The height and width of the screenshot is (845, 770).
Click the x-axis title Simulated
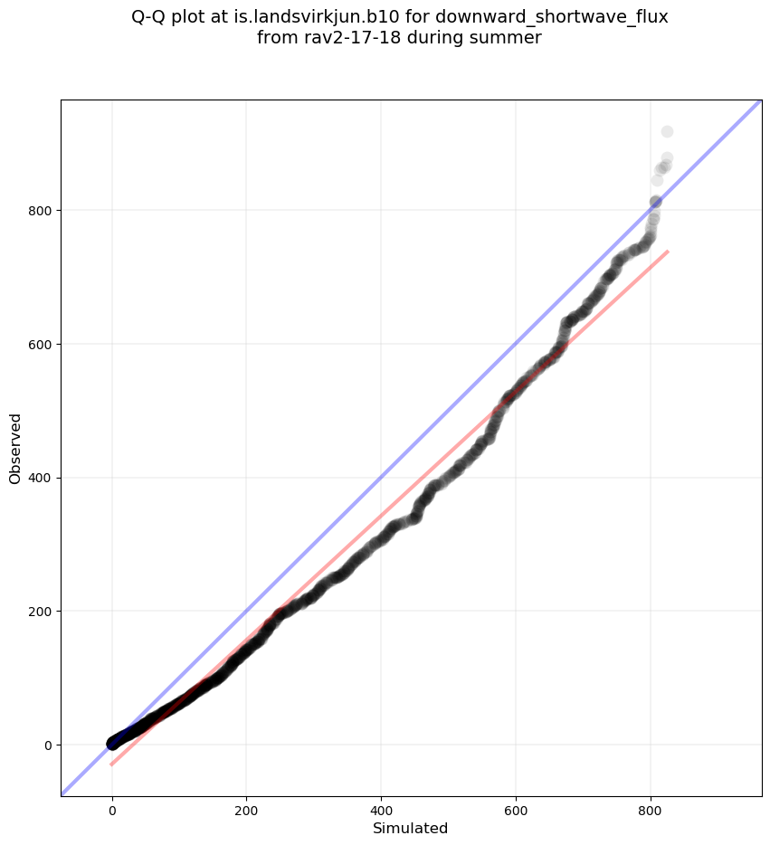[x=411, y=828]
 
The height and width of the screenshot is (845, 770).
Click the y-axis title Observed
[x=15, y=448]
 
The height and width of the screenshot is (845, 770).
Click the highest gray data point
[x=667, y=132]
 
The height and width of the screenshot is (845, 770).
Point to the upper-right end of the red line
[x=667, y=252]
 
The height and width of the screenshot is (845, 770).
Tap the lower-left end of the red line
[x=112, y=764]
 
